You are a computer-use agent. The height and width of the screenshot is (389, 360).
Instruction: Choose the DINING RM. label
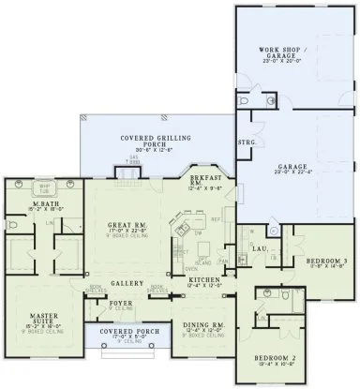[200, 325]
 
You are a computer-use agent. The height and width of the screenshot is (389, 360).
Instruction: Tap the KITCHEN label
[203, 280]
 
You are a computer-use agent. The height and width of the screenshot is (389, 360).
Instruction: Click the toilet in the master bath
[9, 226]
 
